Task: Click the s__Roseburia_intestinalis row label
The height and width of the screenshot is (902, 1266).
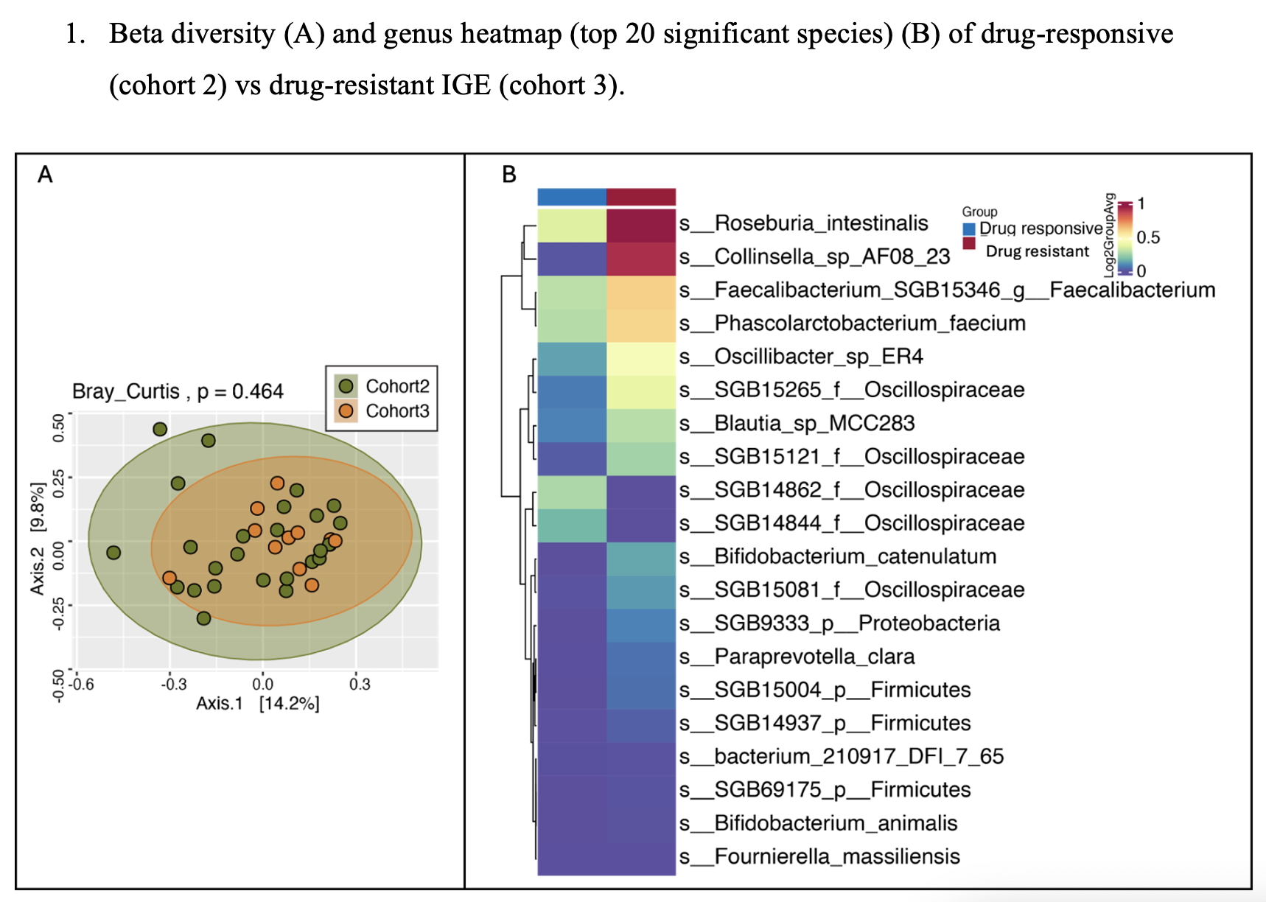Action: click(x=803, y=223)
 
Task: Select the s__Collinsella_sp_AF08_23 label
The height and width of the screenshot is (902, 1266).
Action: click(x=814, y=256)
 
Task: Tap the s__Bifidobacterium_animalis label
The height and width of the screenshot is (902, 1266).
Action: click(x=818, y=823)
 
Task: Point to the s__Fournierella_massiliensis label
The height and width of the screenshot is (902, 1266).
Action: click(x=819, y=856)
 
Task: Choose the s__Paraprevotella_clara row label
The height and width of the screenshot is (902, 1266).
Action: click(x=797, y=657)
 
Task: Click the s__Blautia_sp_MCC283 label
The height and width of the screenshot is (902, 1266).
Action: click(x=797, y=423)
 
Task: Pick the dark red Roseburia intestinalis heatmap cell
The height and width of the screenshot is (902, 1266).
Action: click(x=641, y=225)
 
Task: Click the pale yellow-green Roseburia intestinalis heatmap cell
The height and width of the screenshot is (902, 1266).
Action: click(x=572, y=225)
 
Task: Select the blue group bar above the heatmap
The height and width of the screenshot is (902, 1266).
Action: click(x=572, y=197)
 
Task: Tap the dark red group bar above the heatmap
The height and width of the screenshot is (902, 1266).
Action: click(x=641, y=197)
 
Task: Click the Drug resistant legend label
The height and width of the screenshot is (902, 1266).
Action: click(x=1037, y=251)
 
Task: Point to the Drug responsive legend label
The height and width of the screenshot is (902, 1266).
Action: click(x=1041, y=228)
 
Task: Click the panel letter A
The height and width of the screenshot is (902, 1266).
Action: click(x=45, y=175)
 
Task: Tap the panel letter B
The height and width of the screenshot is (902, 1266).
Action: click(x=508, y=175)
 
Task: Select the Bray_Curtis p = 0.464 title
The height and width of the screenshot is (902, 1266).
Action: click(x=178, y=391)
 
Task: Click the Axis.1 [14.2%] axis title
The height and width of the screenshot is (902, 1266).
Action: click(x=257, y=704)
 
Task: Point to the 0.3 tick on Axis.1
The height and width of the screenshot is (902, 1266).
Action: click(x=360, y=685)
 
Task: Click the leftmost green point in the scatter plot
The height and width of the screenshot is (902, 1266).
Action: click(x=113, y=553)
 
